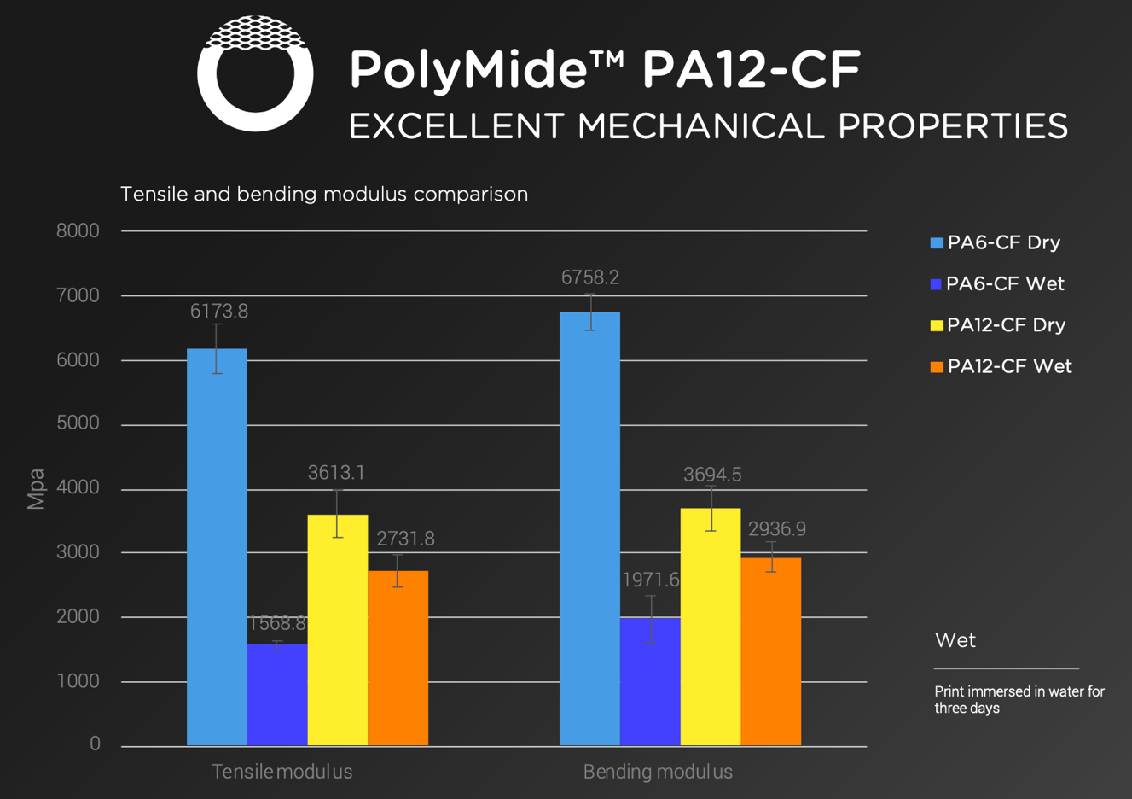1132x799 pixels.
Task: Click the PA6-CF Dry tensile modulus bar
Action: pos(217,546)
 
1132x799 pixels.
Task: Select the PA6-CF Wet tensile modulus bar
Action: pos(277,695)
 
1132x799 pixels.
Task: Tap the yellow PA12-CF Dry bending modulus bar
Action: pos(711,627)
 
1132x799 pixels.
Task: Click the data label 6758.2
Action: pos(590,277)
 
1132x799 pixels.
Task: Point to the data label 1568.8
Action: pos(277,624)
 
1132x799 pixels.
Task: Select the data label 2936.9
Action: pos(777,529)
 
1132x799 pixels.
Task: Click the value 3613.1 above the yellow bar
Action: pos(336,473)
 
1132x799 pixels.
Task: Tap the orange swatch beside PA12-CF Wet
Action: pos(937,367)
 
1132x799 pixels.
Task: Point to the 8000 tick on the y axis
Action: pos(78,231)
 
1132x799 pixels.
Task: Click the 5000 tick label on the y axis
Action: pos(78,423)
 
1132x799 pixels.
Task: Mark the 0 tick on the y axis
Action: pos(95,744)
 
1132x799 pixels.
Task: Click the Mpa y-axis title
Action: pos(36,489)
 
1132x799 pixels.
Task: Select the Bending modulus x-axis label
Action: pos(658,773)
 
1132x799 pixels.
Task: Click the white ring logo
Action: pos(255,74)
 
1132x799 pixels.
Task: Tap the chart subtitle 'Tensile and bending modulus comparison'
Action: pos(324,195)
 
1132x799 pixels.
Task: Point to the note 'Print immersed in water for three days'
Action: pos(1019,700)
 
